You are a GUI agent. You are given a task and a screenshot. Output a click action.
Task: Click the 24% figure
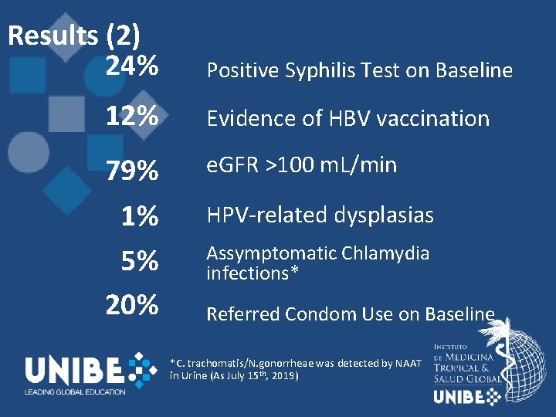132,68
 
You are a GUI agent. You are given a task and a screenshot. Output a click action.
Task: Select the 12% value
132,117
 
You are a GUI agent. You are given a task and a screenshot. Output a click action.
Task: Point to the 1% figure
140,217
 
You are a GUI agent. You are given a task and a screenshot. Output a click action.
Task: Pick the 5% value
140,262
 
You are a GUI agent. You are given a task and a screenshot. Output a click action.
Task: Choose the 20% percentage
132,305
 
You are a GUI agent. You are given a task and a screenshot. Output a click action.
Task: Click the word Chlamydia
383,253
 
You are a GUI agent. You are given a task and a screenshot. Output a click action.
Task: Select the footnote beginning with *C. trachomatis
295,368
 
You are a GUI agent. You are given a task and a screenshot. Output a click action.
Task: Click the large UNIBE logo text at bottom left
75,371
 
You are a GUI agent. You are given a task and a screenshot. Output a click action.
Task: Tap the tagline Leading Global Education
75,392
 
